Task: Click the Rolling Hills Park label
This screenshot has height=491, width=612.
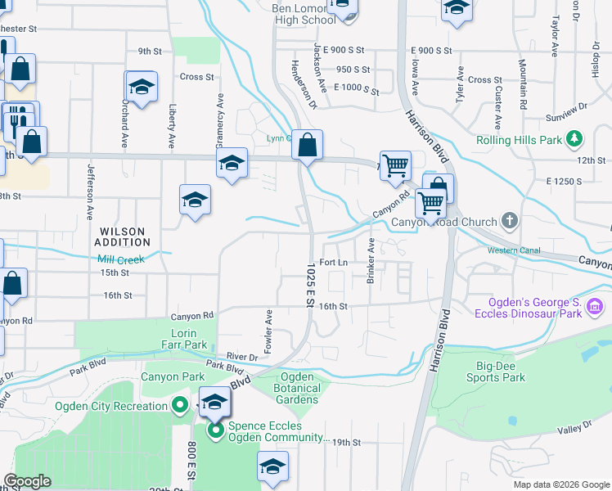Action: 519,140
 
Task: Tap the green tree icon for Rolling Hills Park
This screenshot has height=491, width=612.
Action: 576,139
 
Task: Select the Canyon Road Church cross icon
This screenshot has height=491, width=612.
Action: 510,221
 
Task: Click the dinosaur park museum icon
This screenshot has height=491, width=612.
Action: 595,308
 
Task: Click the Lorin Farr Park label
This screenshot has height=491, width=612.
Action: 189,339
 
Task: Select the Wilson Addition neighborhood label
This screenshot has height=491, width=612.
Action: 123,236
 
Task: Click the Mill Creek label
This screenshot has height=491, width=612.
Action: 121,259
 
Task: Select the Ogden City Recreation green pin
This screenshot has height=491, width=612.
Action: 179,406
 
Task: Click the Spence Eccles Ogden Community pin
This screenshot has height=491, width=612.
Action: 216,430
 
